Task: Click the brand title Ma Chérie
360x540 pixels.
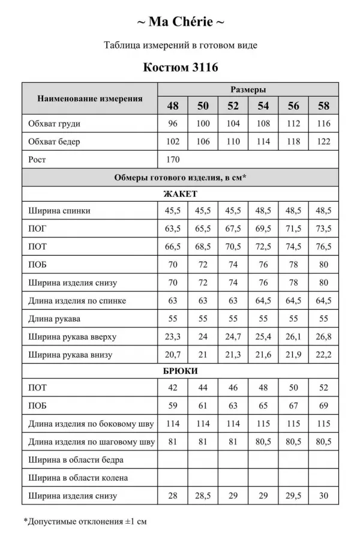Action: pyautogui.click(x=180, y=22)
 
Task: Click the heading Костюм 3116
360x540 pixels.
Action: pyautogui.click(x=180, y=67)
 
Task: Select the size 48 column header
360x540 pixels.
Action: pyautogui.click(x=173, y=106)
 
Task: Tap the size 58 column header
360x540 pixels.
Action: pyautogui.click(x=323, y=106)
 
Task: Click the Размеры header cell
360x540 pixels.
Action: pyautogui.click(x=248, y=89)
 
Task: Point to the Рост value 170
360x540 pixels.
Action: pyautogui.click(x=173, y=160)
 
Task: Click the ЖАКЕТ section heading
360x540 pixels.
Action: pyautogui.click(x=180, y=194)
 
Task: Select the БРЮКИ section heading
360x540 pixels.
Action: pyautogui.click(x=180, y=371)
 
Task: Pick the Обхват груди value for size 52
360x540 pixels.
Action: pyautogui.click(x=233, y=124)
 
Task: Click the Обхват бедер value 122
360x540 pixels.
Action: pyautogui.click(x=323, y=142)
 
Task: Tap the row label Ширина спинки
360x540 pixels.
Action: pyautogui.click(x=59, y=211)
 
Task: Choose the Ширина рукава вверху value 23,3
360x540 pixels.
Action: pyautogui.click(x=173, y=337)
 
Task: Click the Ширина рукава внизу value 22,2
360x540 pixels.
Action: pyautogui.click(x=323, y=355)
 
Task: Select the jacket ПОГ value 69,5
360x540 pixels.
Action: pyautogui.click(x=263, y=229)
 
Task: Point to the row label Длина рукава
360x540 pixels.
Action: pyautogui.click(x=54, y=319)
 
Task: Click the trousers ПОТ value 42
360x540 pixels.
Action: pyautogui.click(x=173, y=388)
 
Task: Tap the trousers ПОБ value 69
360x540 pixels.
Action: pyautogui.click(x=323, y=406)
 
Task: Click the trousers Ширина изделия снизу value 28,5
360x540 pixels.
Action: pyautogui.click(x=203, y=496)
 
